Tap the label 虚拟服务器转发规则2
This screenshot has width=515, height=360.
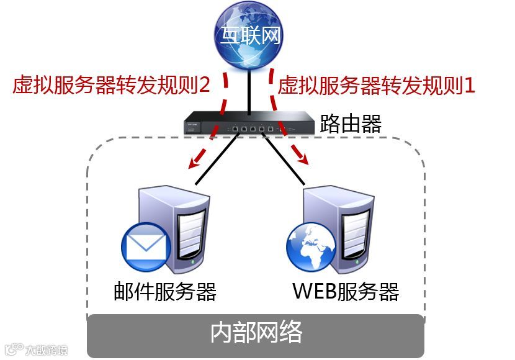[x=112, y=85]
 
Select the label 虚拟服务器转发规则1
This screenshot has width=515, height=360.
[x=377, y=85]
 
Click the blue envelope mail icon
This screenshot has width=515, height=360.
[x=145, y=243]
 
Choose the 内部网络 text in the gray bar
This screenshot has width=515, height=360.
[x=256, y=333]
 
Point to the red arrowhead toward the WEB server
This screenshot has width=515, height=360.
[x=303, y=160]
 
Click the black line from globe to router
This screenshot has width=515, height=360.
[x=249, y=87]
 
